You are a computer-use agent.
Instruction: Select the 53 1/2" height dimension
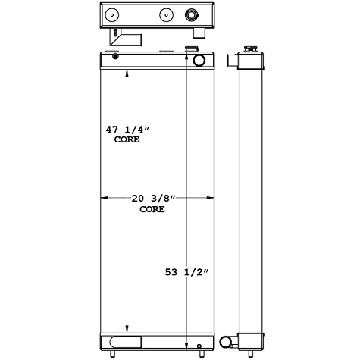coord(186,271)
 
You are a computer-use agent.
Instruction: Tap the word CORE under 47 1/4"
coord(127,140)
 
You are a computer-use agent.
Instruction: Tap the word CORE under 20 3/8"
coord(153,209)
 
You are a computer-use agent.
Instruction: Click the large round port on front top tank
coord(199,61)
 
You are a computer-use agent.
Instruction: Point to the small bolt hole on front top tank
coord(115,57)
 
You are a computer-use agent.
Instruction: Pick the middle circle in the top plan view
coord(165,14)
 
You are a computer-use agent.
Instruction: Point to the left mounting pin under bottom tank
coord(114,354)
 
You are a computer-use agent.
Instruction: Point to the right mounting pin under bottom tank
coord(199,354)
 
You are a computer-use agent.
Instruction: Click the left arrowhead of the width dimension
coord(104,199)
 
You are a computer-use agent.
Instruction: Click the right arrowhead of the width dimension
coord(210,199)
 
